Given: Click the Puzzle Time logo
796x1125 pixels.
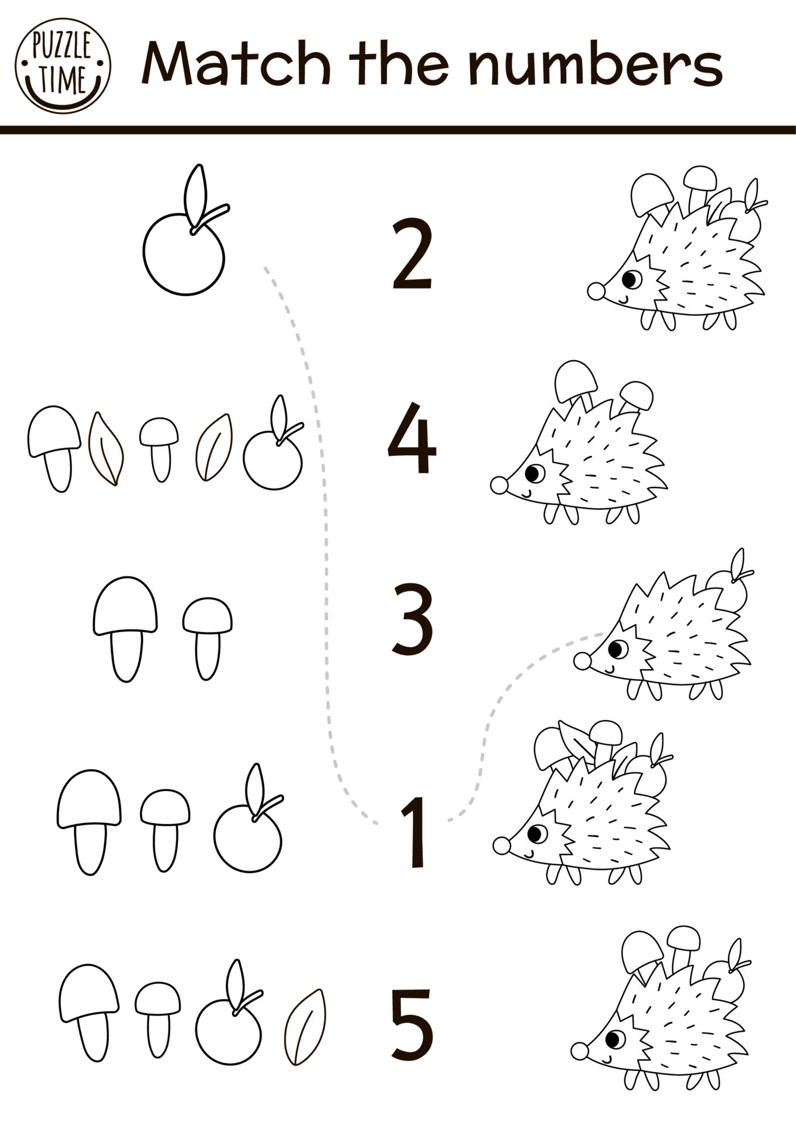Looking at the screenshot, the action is point(63,65).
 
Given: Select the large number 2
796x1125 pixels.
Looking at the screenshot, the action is point(412,254).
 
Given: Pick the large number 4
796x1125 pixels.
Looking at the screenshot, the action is point(411,438).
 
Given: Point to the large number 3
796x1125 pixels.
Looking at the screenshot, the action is point(412,619).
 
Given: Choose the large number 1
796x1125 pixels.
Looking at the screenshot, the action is point(413,832).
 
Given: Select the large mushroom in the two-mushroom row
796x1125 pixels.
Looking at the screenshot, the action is point(125,629).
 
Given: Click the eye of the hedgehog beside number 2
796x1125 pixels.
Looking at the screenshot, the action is point(631,279).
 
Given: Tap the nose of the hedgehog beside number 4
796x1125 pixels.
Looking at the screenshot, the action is point(499,485).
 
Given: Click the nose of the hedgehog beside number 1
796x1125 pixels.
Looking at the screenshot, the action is point(501,846).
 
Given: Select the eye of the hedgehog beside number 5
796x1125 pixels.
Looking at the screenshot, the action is point(615,1039).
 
